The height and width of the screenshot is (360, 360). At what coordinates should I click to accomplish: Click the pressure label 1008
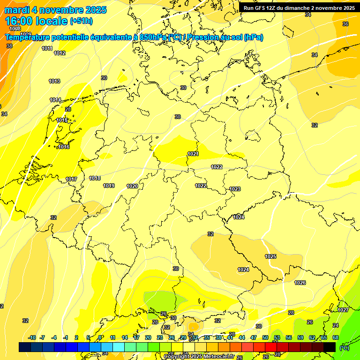pyautogui.click(x=15, y=29)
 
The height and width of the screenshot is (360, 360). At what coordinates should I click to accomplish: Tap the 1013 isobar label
pyautogui.click(x=54, y=82)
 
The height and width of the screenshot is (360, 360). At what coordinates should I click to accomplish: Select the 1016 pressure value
pyautogui.click(x=64, y=147)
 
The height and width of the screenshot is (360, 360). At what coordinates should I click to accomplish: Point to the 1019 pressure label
pyautogui.click(x=109, y=186)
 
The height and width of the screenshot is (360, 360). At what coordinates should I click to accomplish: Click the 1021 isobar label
pyautogui.click(x=193, y=154)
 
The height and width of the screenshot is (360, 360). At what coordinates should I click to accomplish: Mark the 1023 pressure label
pyautogui.click(x=235, y=189)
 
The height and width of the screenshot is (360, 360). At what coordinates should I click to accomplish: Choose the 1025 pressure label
pyautogui.click(x=270, y=256)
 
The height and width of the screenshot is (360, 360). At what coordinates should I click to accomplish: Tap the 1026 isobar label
pyautogui.click(x=300, y=283)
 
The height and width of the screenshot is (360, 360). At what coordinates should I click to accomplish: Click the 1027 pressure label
pyautogui.click(x=343, y=310)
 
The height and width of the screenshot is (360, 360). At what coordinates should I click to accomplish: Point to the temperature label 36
pyautogui.click(x=345, y=24)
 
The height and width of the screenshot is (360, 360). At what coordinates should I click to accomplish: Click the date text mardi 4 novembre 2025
pyautogui.click(x=56, y=10)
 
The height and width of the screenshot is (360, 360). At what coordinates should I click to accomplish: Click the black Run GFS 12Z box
pyautogui.click(x=299, y=8)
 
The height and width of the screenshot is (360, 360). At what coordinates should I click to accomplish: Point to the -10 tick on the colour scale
pyautogui.click(x=32, y=337)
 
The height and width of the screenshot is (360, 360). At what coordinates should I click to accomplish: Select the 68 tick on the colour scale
pyautogui.click(x=336, y=337)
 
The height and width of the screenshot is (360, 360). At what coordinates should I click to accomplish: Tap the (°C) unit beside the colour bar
pyautogui.click(x=345, y=348)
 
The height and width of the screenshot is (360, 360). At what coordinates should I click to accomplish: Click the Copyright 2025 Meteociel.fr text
pyautogui.click(x=199, y=357)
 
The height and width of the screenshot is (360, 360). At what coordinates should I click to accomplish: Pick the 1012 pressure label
pyautogui.click(x=60, y=53)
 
